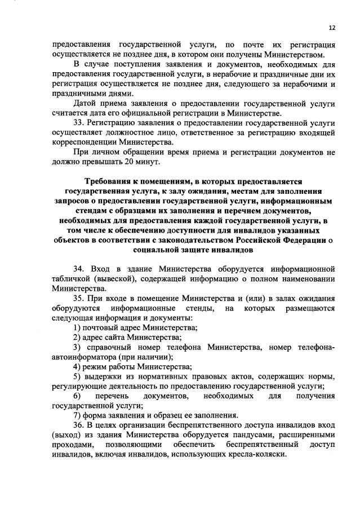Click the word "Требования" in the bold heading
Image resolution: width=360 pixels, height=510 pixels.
tap(109, 183)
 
